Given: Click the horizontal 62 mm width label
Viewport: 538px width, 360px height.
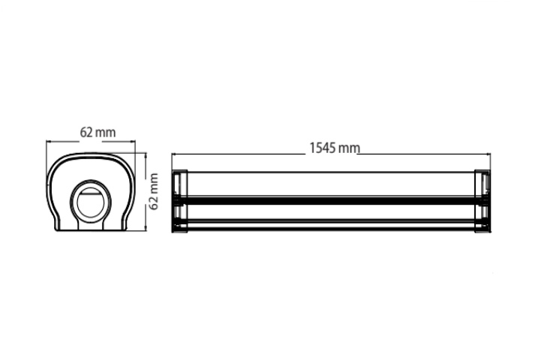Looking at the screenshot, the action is click(98, 132).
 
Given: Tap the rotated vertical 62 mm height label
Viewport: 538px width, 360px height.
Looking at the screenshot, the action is click(154, 191).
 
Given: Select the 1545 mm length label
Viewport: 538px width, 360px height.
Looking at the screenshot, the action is click(335, 148).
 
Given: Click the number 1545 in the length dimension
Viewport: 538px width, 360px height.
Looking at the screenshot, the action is click(323, 148).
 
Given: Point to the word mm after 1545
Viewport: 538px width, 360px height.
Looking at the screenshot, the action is click(350, 149).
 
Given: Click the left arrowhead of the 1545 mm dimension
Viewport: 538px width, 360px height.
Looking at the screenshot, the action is click(174, 154).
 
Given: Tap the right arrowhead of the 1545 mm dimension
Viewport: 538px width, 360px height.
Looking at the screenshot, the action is click(488, 154).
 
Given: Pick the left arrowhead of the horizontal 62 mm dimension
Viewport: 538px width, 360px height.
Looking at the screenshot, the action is click(49, 141).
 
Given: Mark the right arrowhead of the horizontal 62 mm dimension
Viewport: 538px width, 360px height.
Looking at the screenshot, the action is click(133, 141).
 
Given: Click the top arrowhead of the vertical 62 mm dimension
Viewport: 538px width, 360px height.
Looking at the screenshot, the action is click(146, 156).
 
